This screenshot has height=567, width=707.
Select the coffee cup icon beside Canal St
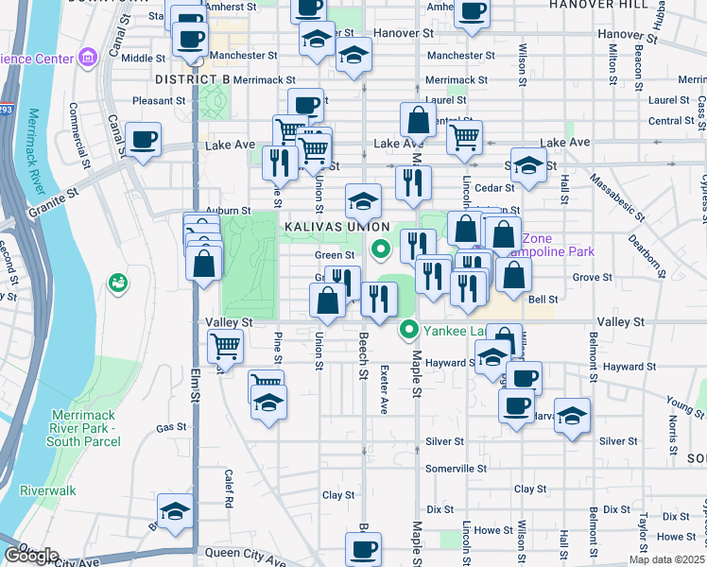143,141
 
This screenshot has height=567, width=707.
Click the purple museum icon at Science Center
89,59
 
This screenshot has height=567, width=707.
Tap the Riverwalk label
47,491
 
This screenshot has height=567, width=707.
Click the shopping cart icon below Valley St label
225,347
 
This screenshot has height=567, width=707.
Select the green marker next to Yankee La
409,330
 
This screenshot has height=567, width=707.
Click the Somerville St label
456,468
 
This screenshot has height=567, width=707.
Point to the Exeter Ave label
384,390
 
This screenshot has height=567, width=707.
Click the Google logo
31,556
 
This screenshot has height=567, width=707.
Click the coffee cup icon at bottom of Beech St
362,547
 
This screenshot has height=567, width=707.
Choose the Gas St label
171,428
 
